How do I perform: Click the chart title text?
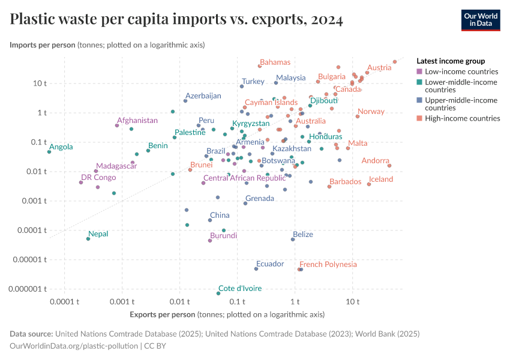[x=176, y=20]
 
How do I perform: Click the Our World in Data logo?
[x=481, y=19]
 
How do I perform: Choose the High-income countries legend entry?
[x=462, y=118]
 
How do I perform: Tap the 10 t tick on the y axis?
[x=40, y=83]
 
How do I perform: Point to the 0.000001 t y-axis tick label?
[x=27, y=289]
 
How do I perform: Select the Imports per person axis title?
[x=42, y=45]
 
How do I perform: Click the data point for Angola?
[x=49, y=152]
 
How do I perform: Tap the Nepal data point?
[x=88, y=239]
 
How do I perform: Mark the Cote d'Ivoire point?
[x=218, y=293]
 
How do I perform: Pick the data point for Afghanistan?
[x=117, y=125]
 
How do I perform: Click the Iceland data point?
[x=369, y=184]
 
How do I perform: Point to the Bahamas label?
[x=275, y=62]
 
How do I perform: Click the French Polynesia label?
[x=328, y=264]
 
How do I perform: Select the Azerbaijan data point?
[x=185, y=101]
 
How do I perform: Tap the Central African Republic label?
[x=244, y=178]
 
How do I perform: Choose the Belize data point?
[x=293, y=239]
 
